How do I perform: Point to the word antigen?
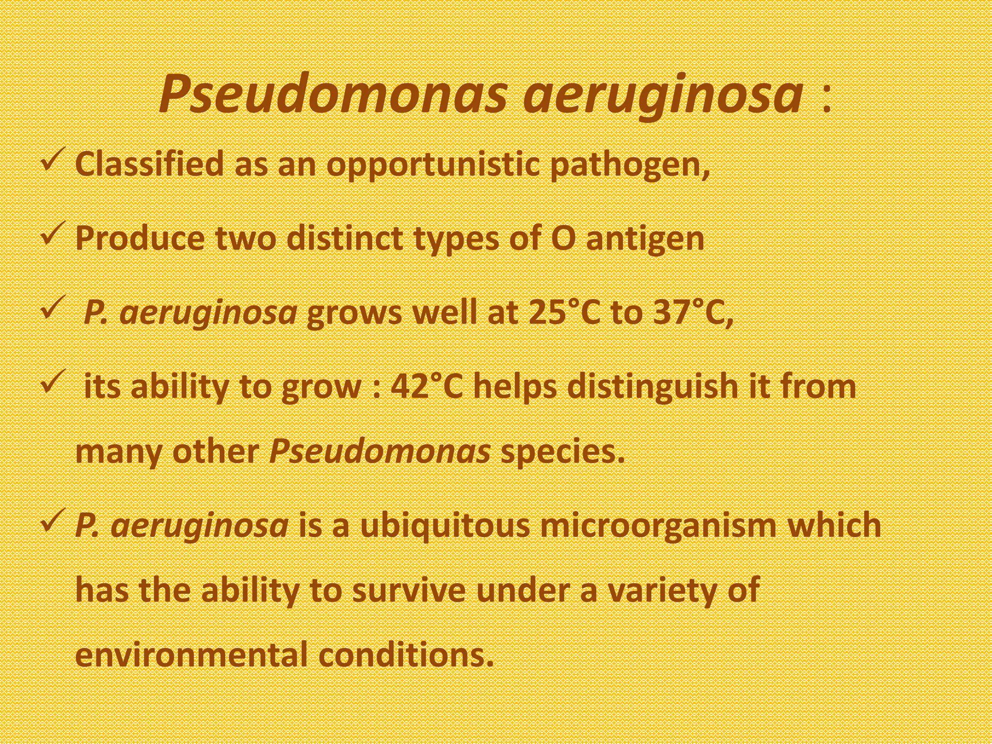[645, 239]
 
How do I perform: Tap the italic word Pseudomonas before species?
[380, 452]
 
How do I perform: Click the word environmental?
[192, 655]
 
